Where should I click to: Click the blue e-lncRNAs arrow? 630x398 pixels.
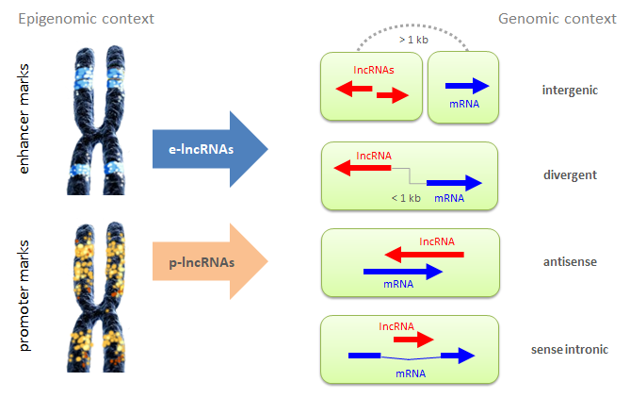click(207, 149)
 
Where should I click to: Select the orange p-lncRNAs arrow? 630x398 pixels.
click(207, 258)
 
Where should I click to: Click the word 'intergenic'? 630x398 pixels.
click(571, 91)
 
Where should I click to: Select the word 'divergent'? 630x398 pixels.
click(570, 174)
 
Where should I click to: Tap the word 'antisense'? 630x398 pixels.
click(570, 259)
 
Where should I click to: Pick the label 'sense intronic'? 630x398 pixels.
click(570, 350)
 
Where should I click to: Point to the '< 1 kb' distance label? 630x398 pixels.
click(406, 197)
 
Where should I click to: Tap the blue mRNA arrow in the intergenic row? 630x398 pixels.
click(467, 86)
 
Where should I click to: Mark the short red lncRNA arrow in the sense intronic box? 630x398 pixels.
click(412, 339)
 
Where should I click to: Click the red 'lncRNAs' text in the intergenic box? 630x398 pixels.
click(373, 70)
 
